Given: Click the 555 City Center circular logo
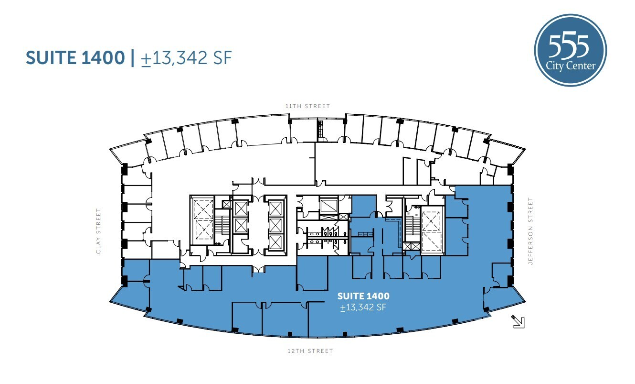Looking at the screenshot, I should coord(571,50).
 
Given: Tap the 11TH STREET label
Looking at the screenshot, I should coord(307,106).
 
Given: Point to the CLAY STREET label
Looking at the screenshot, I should coord(99,230).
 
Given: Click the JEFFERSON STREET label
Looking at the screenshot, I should coord(530,231).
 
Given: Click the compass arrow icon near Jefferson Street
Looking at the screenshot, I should coord(518,321).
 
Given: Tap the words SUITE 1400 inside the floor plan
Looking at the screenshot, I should coord(363,296).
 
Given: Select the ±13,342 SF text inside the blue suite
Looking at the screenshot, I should coord(363,307).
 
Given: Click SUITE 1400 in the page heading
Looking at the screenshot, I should coord(75,58).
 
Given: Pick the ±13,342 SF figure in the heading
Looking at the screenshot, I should coord(187,58).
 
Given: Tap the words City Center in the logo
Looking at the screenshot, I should coord(571,66).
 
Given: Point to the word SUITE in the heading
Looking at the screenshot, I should coord(49,58).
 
